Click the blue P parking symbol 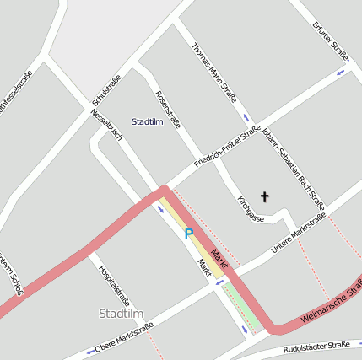(189, 234)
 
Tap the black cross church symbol (264, 197)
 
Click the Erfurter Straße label (330, 41)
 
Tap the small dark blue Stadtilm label (147, 122)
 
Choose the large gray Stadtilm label (121, 314)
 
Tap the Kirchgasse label (251, 208)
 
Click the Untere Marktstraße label (298, 234)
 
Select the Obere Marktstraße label (124, 336)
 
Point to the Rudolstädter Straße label (316, 347)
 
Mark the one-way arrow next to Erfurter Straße (341, 72)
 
